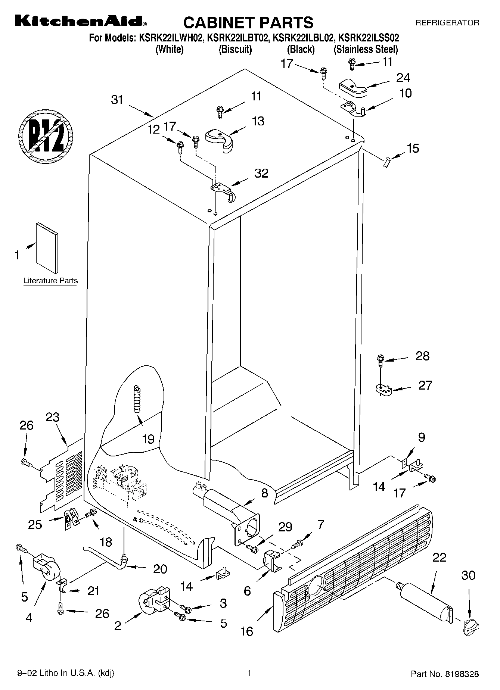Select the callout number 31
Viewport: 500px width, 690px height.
[117, 100]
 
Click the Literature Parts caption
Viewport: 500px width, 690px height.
[50, 281]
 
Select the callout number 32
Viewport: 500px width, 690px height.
[261, 173]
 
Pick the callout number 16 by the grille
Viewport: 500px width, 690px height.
[247, 631]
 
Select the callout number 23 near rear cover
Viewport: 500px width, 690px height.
[52, 417]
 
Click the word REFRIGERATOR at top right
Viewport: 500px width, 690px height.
[447, 23]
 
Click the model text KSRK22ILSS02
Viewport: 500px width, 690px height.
[368, 38]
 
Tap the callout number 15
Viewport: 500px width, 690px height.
[413, 148]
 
